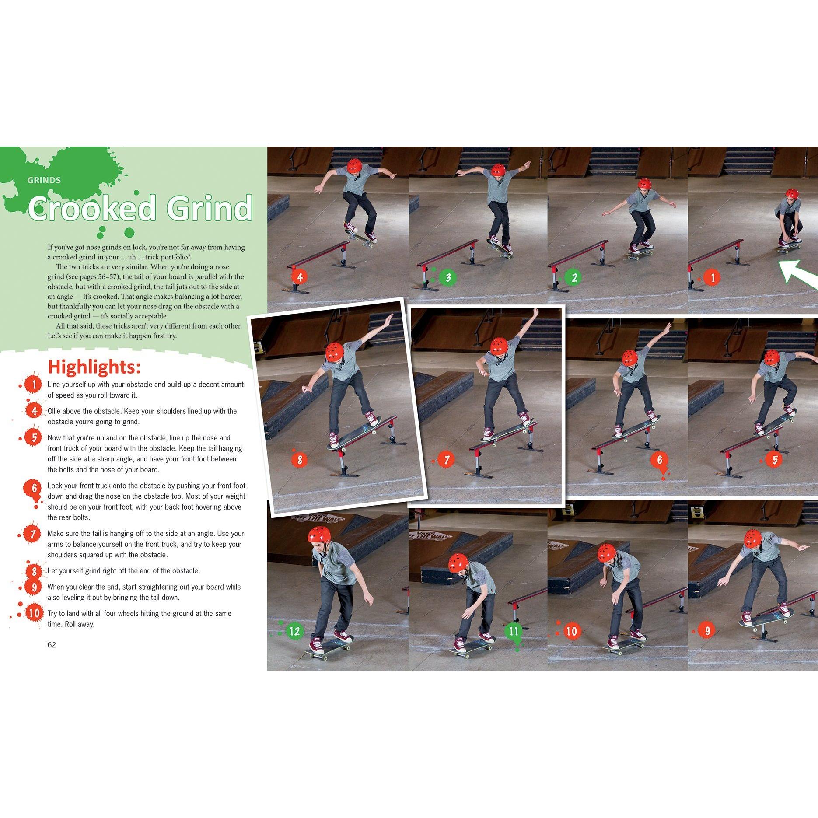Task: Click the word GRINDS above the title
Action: [44, 180]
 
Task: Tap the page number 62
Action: [52, 645]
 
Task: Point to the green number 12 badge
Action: [295, 630]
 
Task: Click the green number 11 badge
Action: [514, 631]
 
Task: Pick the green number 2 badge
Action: [574, 277]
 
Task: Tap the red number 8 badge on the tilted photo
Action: [300, 460]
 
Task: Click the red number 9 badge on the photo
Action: [707, 630]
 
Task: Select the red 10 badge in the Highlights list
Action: [34, 613]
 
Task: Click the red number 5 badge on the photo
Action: [775, 460]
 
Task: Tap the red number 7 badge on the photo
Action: [447, 460]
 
